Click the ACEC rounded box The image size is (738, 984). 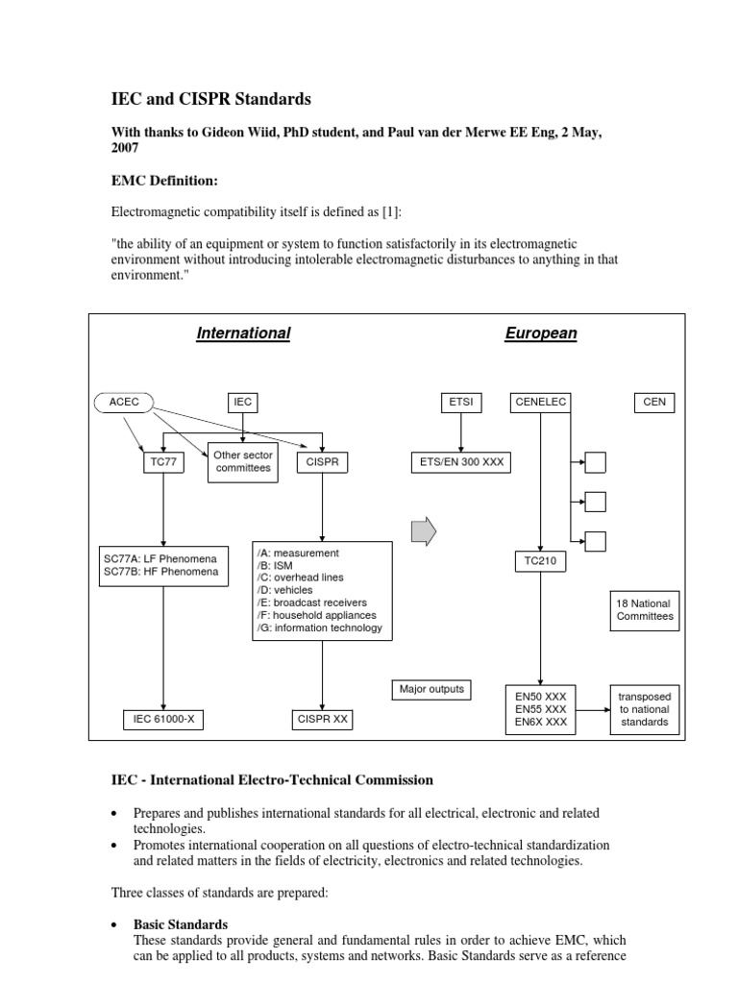point(124,403)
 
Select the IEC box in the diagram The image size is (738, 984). point(243,403)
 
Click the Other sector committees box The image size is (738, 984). point(243,462)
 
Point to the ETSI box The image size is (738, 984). point(460,403)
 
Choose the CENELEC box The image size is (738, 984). point(541,403)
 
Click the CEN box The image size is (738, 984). point(654,403)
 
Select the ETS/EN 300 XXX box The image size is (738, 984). point(460,462)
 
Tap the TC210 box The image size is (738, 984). point(541,561)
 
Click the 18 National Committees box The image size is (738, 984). point(645,610)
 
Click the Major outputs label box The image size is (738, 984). point(431,689)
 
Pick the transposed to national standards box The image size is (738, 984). point(645,709)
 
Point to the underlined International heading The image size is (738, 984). point(243,333)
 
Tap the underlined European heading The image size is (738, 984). point(541,333)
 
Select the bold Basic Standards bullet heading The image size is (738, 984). point(181,924)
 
